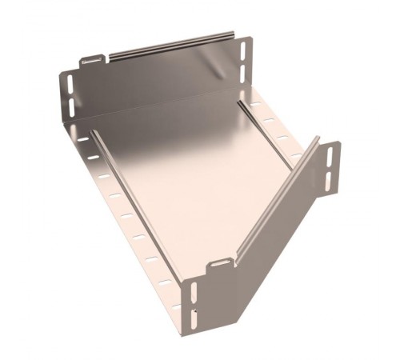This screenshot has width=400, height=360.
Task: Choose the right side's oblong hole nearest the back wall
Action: (x=255, y=105)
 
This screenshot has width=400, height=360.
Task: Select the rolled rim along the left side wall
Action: (x=144, y=200)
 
